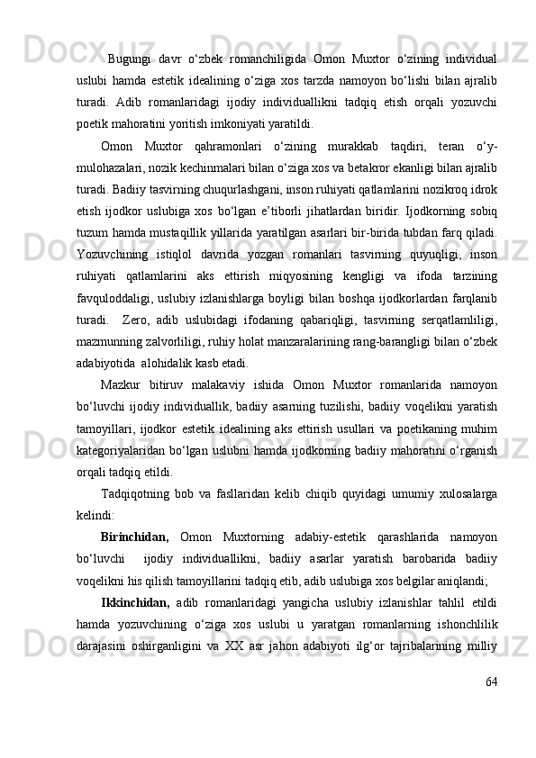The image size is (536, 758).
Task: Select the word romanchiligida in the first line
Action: click(267, 60)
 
